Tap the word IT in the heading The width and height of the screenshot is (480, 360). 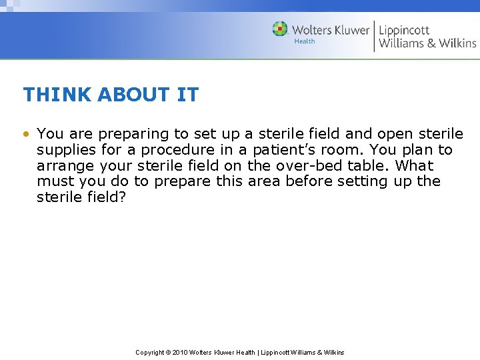(187, 95)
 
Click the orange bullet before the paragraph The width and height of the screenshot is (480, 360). (26, 133)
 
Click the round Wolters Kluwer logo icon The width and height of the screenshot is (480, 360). (280, 29)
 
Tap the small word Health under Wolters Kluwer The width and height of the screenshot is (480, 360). (305, 41)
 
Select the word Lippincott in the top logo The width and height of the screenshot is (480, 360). (404, 30)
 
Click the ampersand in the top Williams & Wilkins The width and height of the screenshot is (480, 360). (431, 43)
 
